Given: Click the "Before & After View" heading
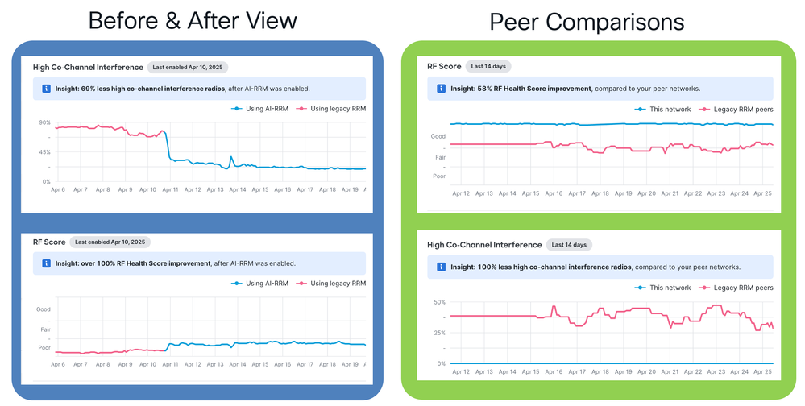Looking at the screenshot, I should (x=193, y=21).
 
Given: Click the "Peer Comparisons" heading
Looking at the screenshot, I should (x=587, y=22).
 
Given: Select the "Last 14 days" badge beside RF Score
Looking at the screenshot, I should (x=490, y=66).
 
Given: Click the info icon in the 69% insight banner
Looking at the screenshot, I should (x=46, y=89).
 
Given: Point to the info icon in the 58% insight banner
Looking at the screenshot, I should (x=441, y=89).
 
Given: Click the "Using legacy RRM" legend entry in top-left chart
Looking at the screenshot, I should (x=332, y=108).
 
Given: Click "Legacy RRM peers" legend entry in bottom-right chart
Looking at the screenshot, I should (x=737, y=288).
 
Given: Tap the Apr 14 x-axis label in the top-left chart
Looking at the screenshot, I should (x=238, y=189).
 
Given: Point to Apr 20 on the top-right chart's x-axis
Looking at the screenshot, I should (x=647, y=193).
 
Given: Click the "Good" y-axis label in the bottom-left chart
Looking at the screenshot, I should (x=43, y=309).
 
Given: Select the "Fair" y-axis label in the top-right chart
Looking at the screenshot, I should (x=439, y=156).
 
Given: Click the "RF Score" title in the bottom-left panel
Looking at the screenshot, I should (x=49, y=242).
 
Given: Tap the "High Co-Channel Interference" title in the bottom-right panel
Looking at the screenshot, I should (x=483, y=244).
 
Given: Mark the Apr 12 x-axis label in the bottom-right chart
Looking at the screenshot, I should (x=461, y=372).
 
